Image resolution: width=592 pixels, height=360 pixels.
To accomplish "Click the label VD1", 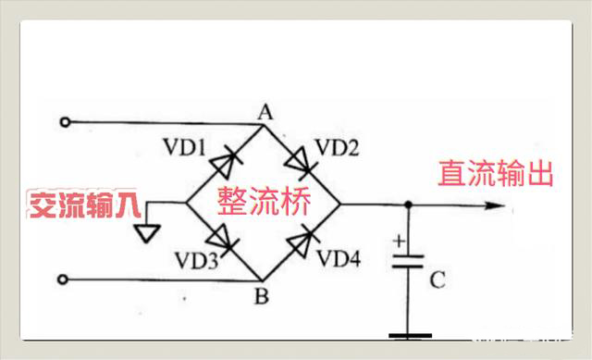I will click(185, 148).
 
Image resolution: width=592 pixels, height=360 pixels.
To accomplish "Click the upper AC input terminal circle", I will click(64, 122).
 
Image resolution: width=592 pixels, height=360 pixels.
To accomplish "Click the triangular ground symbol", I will click(144, 230).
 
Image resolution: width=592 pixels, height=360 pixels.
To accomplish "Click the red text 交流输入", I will click(80, 205).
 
